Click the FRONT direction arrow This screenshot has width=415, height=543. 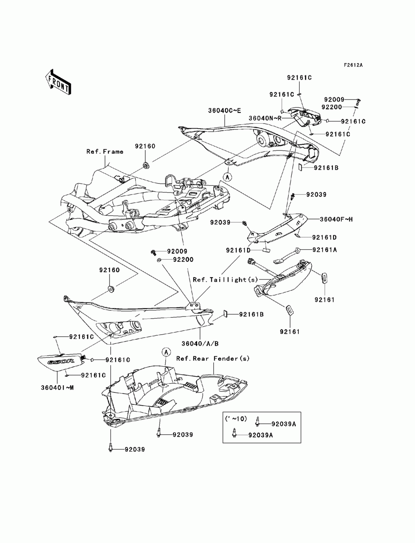pyautogui.click(x=58, y=82)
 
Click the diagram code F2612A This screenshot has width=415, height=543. pyautogui.click(x=353, y=65)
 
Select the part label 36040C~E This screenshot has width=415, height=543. pyautogui.click(x=224, y=111)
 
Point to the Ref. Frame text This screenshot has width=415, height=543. pyautogui.click(x=105, y=151)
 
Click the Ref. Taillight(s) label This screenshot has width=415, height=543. pyautogui.click(x=225, y=280)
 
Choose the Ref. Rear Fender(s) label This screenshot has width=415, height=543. pyautogui.click(x=213, y=358)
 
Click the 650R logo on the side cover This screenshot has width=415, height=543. pyautogui.click(x=61, y=362)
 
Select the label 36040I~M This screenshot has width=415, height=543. pyautogui.click(x=57, y=387)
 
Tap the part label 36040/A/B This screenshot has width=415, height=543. pyautogui.click(x=200, y=343)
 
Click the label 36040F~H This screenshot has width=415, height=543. pyautogui.click(x=336, y=219)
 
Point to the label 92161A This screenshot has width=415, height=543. pyautogui.click(x=325, y=250)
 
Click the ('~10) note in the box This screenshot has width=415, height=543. pyautogui.click(x=236, y=419)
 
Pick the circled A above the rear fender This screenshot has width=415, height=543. pyautogui.click(x=166, y=352)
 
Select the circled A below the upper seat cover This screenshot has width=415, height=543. pyautogui.click(x=227, y=177)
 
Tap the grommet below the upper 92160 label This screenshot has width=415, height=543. pyautogui.click(x=145, y=165)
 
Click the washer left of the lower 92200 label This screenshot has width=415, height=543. pyautogui.click(x=159, y=260)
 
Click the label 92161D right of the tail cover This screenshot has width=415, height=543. pyautogui.click(x=325, y=238)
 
